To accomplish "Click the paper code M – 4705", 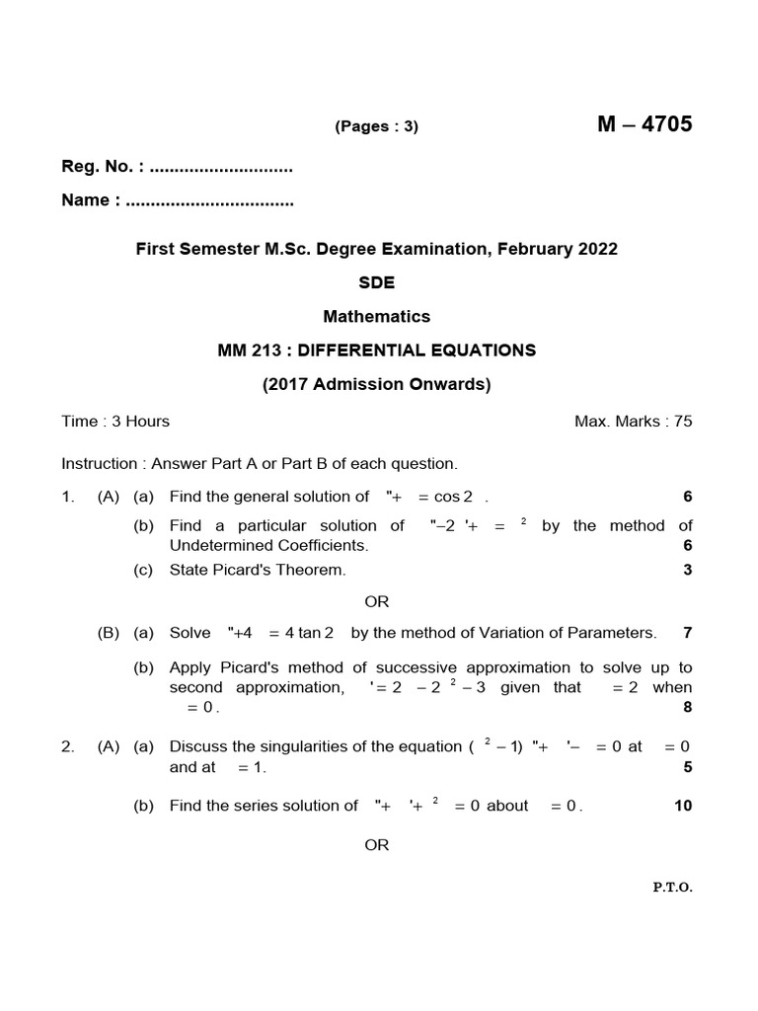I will (x=644, y=124).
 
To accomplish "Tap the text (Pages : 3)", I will (x=377, y=126).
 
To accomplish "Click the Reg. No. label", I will (x=96, y=167).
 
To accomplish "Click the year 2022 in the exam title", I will (x=597, y=249).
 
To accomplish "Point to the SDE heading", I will (x=377, y=282).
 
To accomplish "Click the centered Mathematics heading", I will (x=377, y=317).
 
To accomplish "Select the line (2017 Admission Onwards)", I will (x=377, y=384).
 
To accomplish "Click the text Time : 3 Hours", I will (x=115, y=422).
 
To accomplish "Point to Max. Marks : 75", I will (x=633, y=422).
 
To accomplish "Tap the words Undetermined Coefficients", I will (x=268, y=545).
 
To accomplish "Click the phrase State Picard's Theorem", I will (x=258, y=570).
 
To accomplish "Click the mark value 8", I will (x=688, y=707).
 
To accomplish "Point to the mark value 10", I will (x=683, y=806).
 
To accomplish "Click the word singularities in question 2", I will (x=282, y=746).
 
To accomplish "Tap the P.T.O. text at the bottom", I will (x=672, y=888).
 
